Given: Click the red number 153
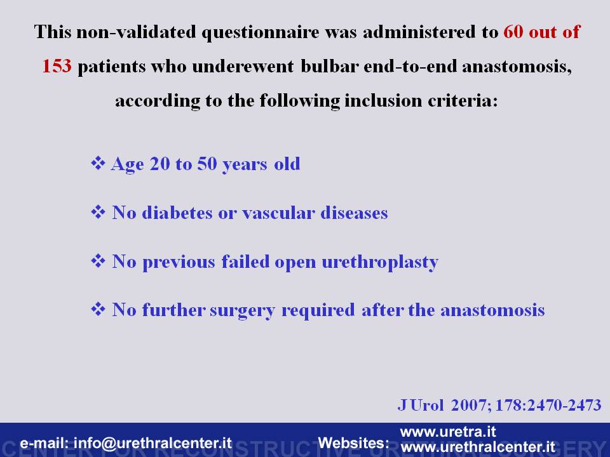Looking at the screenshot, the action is [x=57, y=66].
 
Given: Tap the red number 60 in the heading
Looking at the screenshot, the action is [x=513, y=32].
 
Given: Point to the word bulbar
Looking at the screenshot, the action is [x=329, y=66].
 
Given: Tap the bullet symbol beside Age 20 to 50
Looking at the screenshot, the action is [x=98, y=163].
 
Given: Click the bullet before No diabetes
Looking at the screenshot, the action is [x=98, y=212].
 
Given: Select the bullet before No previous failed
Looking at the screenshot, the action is [x=98, y=261].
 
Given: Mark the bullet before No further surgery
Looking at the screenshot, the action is [x=98, y=309].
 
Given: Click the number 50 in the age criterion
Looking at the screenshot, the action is [x=207, y=164].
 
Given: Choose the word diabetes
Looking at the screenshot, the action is [x=177, y=213].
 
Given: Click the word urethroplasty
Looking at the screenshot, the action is [x=380, y=262].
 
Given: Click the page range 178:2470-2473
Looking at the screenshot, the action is [x=548, y=406].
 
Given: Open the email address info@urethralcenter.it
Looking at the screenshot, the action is [x=152, y=444].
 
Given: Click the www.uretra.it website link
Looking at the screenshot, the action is [x=448, y=432].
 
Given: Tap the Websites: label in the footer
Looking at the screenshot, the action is [x=354, y=443].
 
